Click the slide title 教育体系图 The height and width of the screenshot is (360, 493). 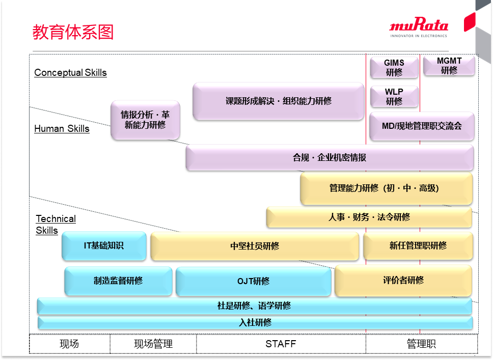pyautogui.click(x=73, y=32)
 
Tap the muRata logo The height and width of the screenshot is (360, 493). pyautogui.click(x=419, y=27)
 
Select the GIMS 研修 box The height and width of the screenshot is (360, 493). pyautogui.click(x=394, y=68)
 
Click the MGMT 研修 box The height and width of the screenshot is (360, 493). pyautogui.click(x=449, y=66)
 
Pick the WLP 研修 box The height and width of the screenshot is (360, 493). pyautogui.click(x=394, y=97)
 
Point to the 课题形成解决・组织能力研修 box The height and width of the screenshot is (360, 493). pyautogui.click(x=278, y=101)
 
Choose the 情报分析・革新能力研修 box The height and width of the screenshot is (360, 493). pyautogui.click(x=145, y=120)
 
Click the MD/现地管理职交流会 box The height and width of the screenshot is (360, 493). pyautogui.click(x=422, y=126)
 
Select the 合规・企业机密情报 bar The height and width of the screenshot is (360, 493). pyautogui.click(x=329, y=158)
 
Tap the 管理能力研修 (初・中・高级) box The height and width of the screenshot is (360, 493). pyautogui.click(x=386, y=188)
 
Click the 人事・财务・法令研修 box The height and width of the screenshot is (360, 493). pyautogui.click(x=369, y=217)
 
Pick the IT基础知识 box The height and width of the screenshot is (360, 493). pyautogui.click(x=104, y=246)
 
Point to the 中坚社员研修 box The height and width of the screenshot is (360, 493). pyautogui.click(x=254, y=246)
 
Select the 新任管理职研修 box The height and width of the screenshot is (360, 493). pyautogui.click(x=418, y=246)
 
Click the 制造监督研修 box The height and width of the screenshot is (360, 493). pyautogui.click(x=118, y=281)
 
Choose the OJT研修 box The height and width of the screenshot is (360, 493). pyautogui.click(x=253, y=281)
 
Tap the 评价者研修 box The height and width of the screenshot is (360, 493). pyautogui.click(x=403, y=280)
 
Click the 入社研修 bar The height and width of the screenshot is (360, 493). pyautogui.click(x=255, y=322)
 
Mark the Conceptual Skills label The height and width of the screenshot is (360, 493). pyautogui.click(x=70, y=73)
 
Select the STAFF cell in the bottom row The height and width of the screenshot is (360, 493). pyautogui.click(x=281, y=344)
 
